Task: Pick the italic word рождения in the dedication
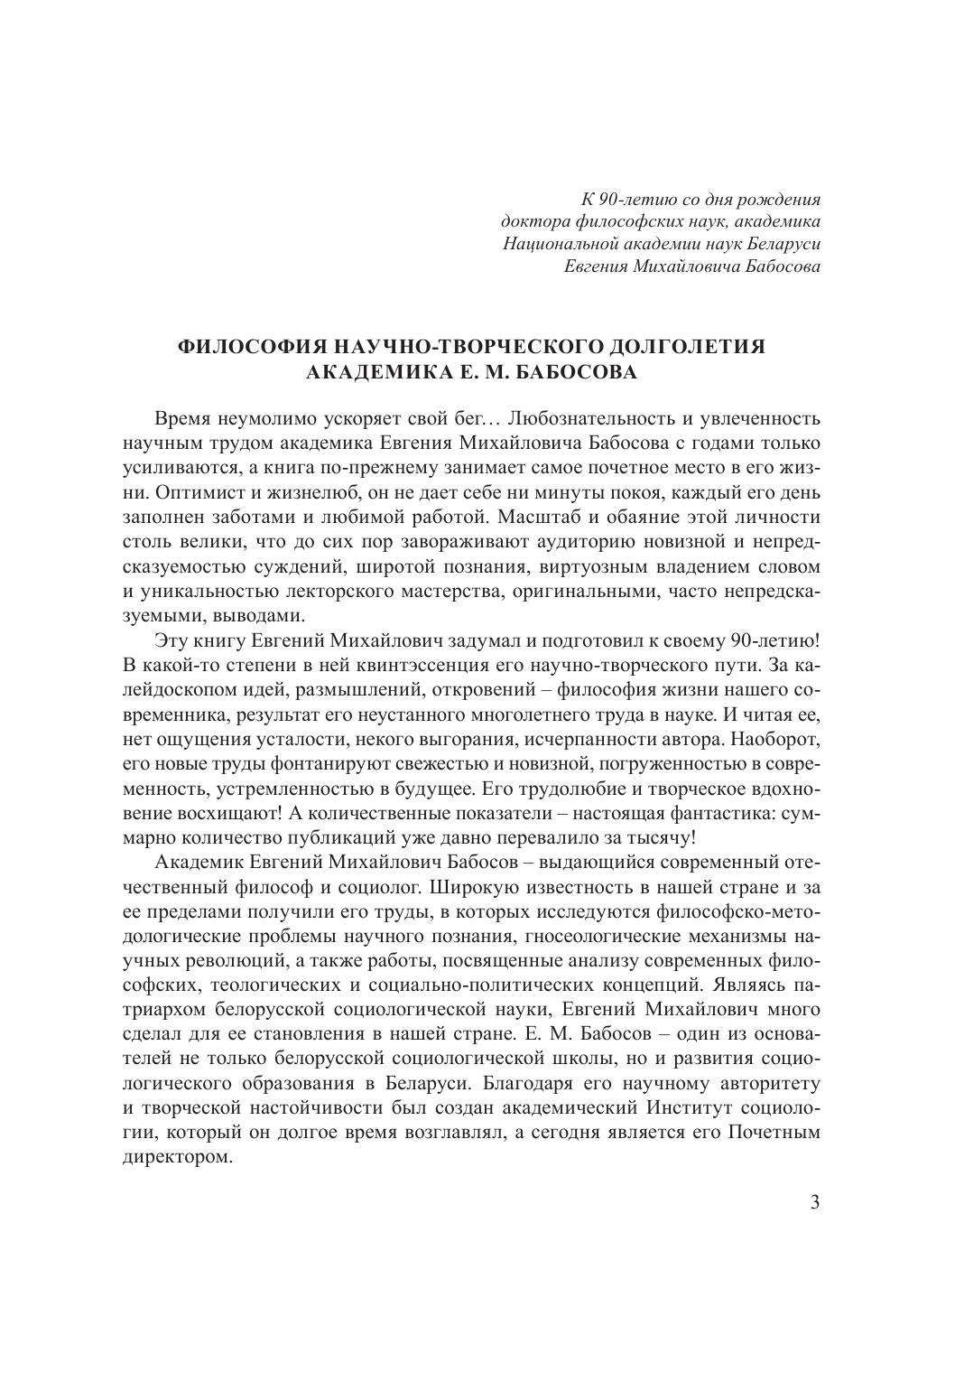pos(785,199)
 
